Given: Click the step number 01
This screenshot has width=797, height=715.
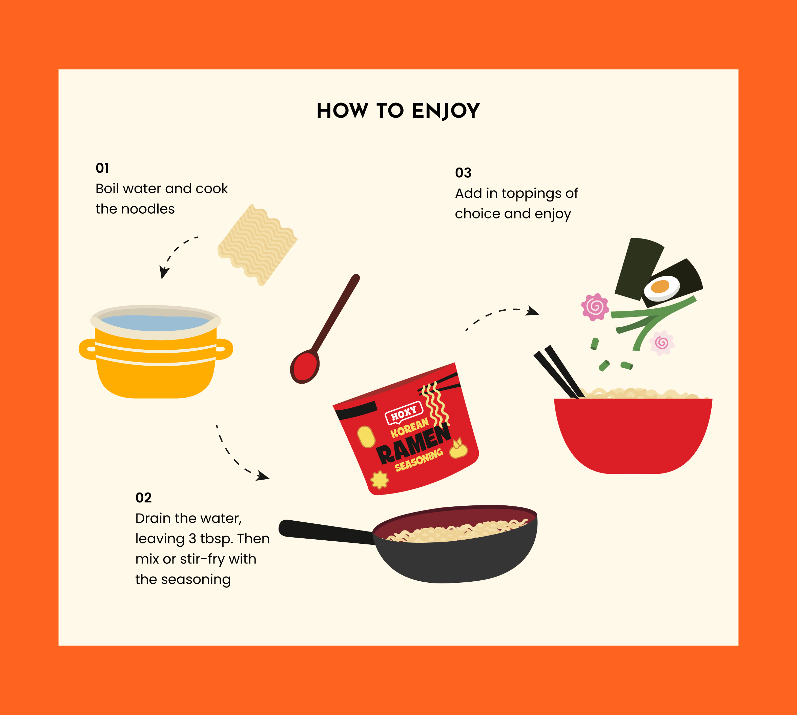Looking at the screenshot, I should (102, 168).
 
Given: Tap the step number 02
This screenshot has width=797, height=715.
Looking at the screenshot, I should (143, 498).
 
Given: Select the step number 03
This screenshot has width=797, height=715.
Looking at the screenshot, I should (463, 173).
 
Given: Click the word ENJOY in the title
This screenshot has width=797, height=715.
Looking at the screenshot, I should (446, 111).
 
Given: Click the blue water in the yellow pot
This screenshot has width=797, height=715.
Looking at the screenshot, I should (155, 322).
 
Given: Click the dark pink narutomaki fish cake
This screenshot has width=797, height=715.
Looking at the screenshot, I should (595, 307).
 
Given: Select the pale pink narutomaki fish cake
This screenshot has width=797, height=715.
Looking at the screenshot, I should (661, 343).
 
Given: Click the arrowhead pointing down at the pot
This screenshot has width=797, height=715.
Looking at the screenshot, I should (164, 273).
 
